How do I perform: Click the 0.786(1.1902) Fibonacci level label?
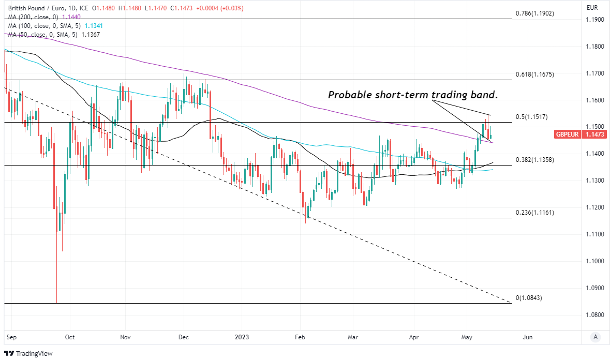[x=535, y=13]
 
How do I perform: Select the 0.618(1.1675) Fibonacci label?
[x=535, y=74]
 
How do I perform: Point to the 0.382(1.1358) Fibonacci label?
[x=535, y=160]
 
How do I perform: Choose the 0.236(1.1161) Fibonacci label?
[x=535, y=213]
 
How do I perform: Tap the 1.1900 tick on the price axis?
[x=594, y=20]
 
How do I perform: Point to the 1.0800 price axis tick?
[x=594, y=314]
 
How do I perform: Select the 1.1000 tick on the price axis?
[x=594, y=261]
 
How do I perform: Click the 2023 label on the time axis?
[x=242, y=337]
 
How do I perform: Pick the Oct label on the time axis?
[x=70, y=337]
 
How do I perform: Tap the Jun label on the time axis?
[x=527, y=337]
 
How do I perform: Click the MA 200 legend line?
[x=44, y=17]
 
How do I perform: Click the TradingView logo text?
[x=30, y=354]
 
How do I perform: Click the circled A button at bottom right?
[x=596, y=337]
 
